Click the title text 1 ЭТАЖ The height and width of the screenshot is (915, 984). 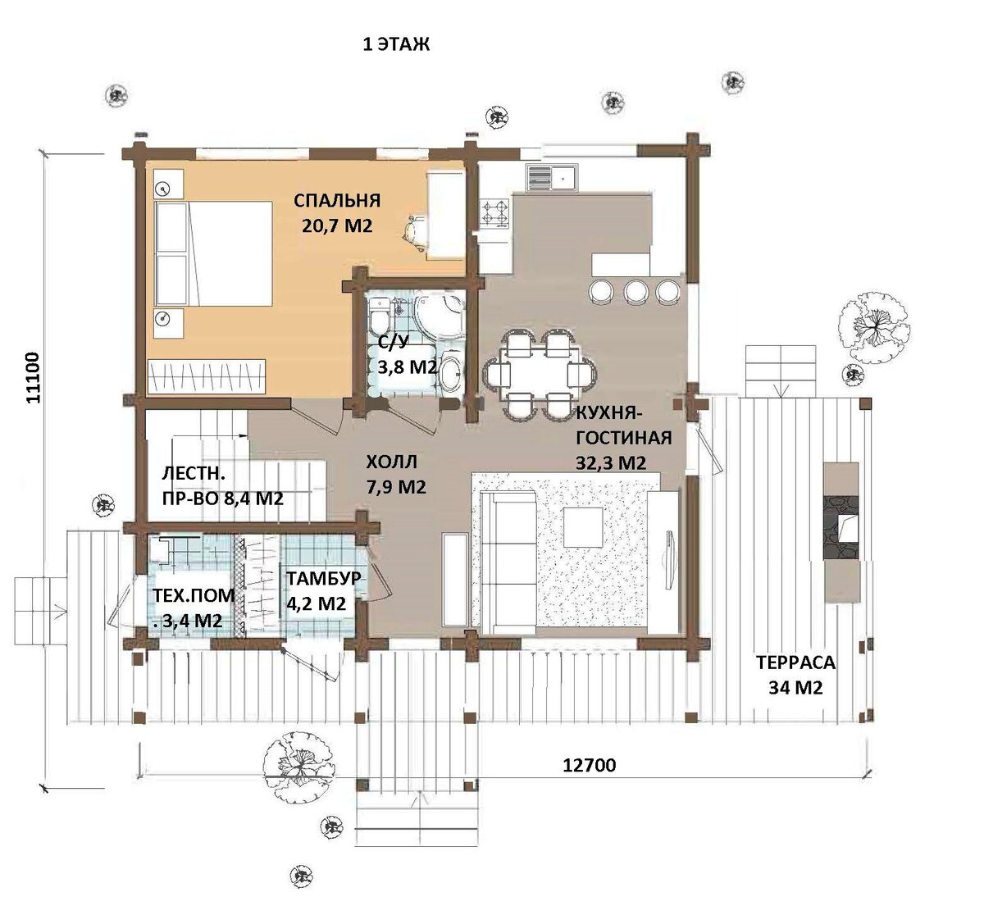(x=396, y=44)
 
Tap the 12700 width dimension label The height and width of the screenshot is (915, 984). (x=589, y=765)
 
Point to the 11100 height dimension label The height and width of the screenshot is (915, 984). (x=33, y=377)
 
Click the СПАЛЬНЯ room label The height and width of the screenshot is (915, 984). (x=337, y=201)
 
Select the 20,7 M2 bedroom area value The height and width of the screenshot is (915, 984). (x=337, y=226)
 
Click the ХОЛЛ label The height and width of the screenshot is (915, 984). (x=391, y=462)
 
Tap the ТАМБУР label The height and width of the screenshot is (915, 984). (x=324, y=578)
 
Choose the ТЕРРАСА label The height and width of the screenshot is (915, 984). (x=795, y=662)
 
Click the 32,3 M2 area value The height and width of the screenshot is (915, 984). (x=611, y=462)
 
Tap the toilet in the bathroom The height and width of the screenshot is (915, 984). (x=379, y=316)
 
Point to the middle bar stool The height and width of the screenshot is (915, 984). (x=636, y=291)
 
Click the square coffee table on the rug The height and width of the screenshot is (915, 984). (x=583, y=527)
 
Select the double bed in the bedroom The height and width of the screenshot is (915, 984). (x=213, y=253)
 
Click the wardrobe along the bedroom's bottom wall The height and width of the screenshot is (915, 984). (x=207, y=376)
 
